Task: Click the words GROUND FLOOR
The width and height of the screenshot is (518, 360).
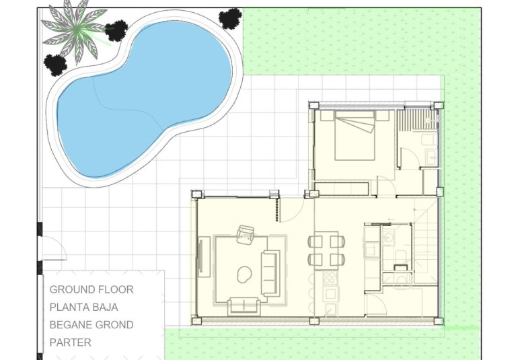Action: point(91,290)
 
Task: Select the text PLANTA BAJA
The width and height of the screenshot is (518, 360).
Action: point(83,308)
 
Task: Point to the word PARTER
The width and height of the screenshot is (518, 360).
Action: point(70,343)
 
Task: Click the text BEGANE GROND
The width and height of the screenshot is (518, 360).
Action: point(91,325)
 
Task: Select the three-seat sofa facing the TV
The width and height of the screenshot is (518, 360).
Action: point(270,273)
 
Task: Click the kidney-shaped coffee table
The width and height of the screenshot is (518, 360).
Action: point(244,273)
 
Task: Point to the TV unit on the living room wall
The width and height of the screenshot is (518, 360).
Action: point(202,256)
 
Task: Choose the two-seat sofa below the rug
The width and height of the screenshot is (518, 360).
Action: point(244,306)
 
